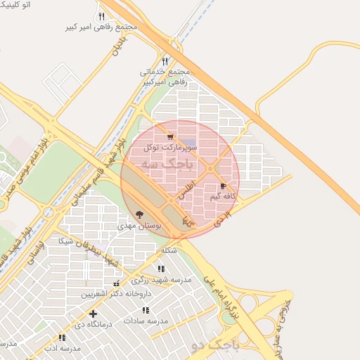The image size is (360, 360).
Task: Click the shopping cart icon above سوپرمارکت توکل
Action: (169, 137)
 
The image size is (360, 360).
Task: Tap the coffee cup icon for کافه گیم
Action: (224, 186)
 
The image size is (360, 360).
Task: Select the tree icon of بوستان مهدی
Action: (139, 214)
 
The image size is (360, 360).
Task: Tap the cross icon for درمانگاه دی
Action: (93, 314)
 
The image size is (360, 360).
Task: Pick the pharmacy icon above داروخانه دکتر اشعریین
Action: (116, 284)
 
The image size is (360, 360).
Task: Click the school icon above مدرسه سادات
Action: (146, 310)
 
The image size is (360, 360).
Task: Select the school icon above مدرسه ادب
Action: (63, 337)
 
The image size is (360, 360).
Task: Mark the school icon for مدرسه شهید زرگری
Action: (161, 269)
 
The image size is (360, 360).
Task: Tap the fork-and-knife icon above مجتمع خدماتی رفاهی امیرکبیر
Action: (165, 61)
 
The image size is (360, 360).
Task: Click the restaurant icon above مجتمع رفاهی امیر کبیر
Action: (101, 16)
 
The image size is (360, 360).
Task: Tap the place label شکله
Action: (169, 251)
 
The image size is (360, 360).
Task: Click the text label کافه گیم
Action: (221, 196)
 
